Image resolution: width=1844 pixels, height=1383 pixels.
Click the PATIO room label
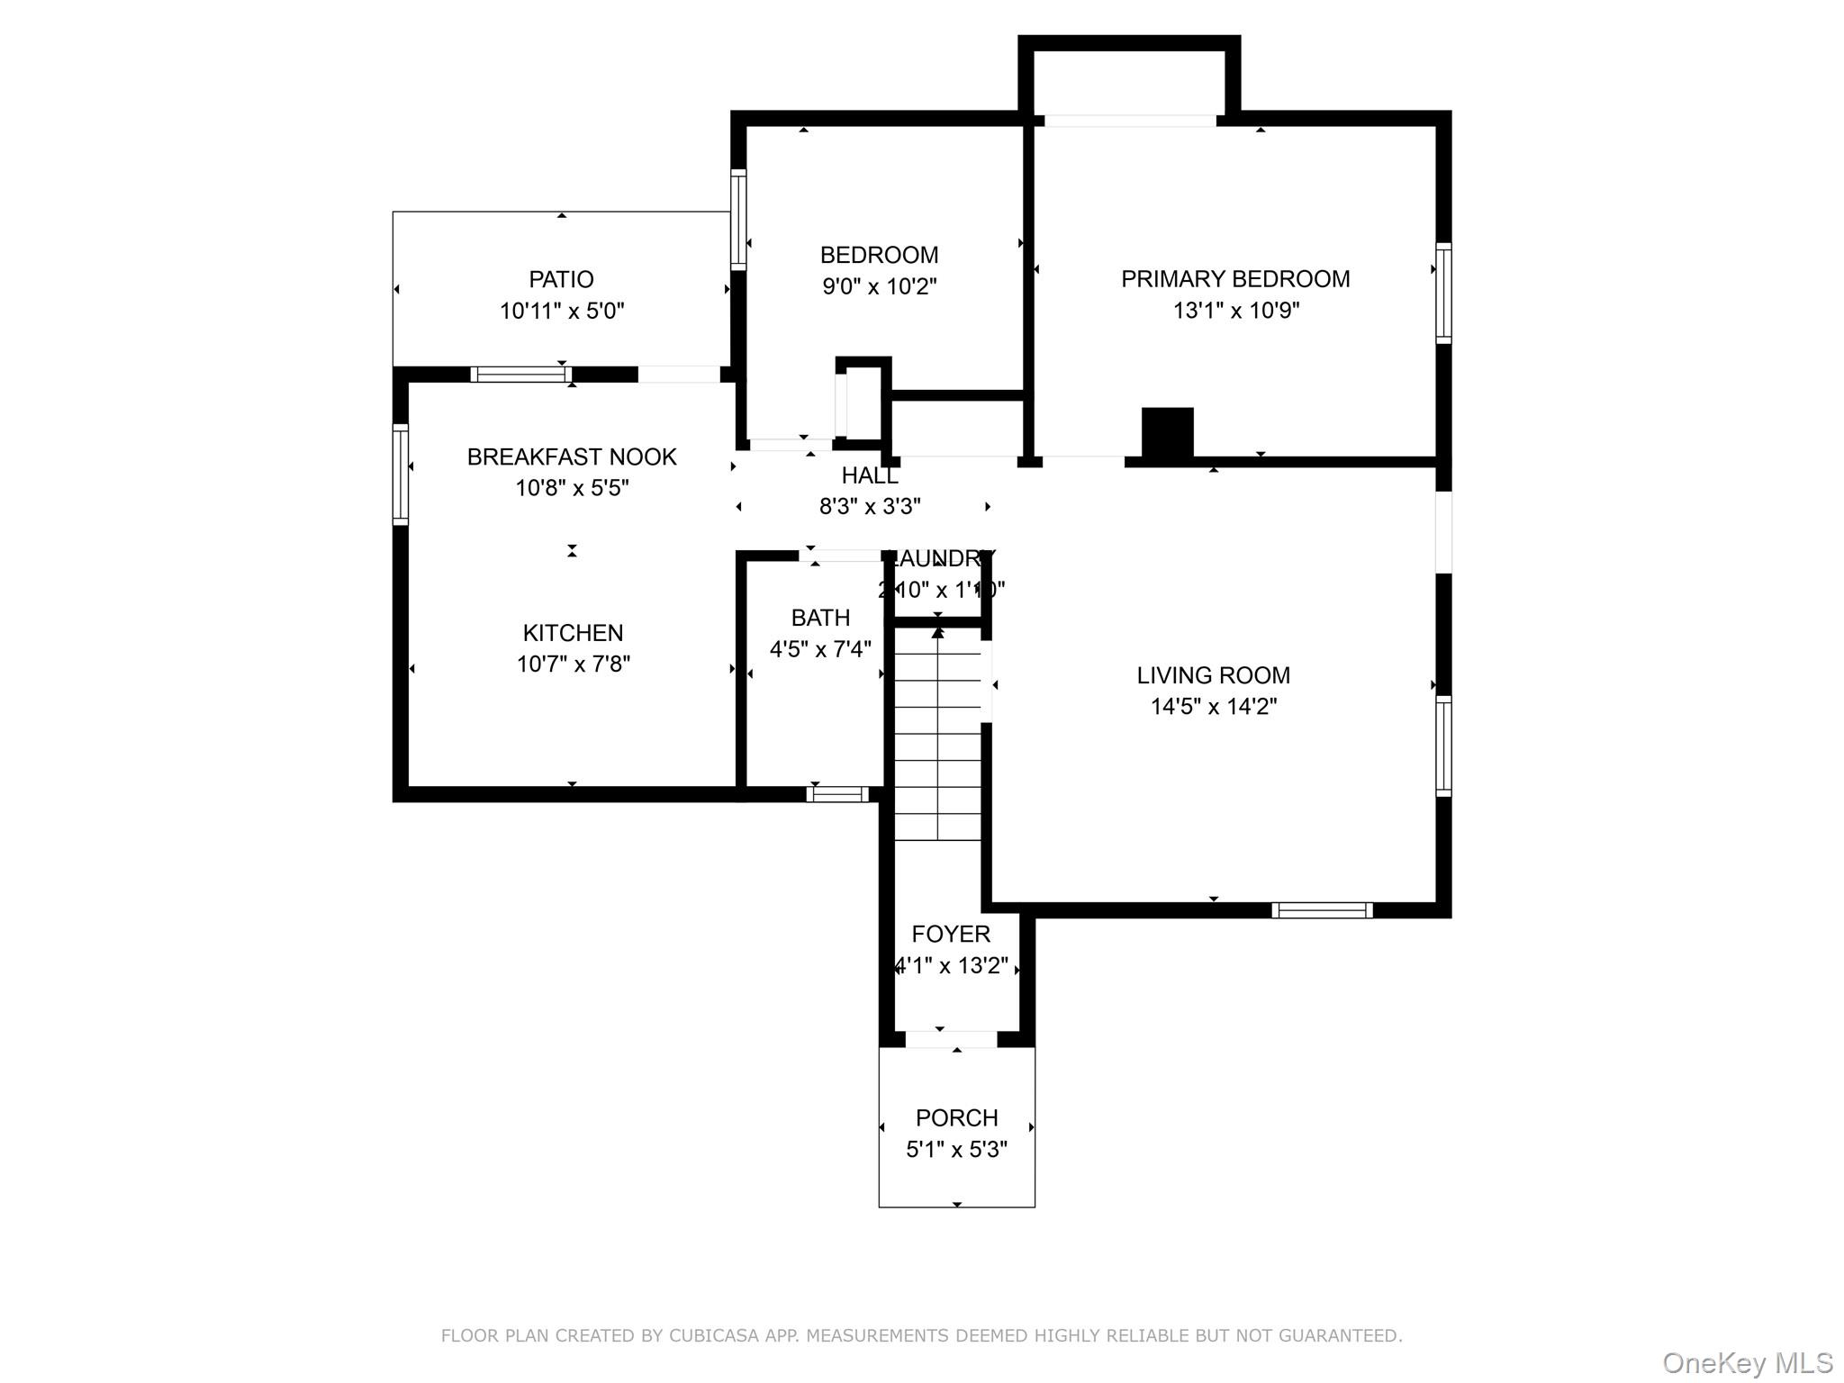(561, 279)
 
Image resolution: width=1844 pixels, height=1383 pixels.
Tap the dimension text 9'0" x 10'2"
(879, 286)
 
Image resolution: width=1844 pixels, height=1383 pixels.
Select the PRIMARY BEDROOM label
(1234, 279)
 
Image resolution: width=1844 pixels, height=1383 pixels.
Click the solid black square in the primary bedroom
(1167, 433)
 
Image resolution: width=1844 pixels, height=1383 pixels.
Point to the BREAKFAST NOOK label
(572, 456)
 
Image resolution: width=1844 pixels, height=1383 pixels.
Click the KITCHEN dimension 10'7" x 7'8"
(573, 664)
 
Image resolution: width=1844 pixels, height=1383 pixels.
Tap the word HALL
(869, 475)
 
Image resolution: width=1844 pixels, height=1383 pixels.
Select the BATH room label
(820, 618)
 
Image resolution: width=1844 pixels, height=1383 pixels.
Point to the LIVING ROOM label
(1213, 675)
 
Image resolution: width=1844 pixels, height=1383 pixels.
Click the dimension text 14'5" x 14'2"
(1213, 707)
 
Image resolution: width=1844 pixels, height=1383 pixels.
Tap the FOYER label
(950, 934)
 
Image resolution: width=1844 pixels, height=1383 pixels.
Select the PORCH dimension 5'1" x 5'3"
(956, 1150)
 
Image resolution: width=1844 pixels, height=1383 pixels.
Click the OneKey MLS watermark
(1747, 1363)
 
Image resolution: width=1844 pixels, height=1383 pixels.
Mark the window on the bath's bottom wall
(837, 794)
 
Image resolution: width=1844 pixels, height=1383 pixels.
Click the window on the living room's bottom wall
(1322, 910)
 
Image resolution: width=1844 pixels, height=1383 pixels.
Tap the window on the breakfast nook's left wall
(401, 474)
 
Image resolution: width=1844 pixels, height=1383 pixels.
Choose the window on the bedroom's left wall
(738, 219)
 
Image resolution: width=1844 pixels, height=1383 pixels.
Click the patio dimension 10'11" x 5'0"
(561, 312)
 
